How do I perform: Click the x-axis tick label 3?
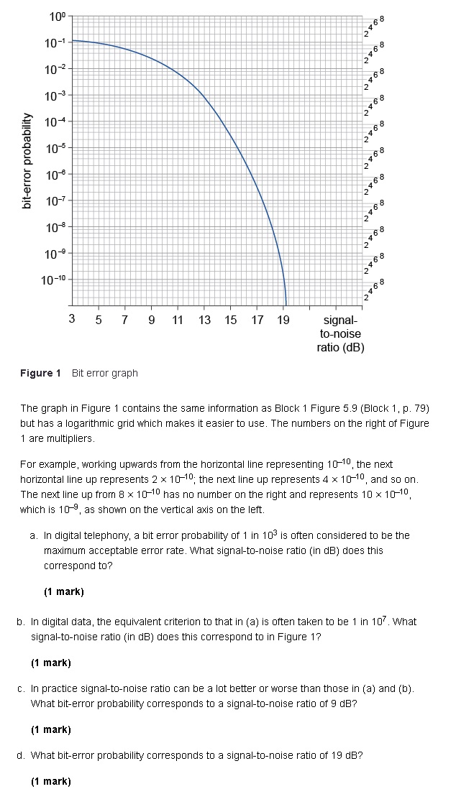72,320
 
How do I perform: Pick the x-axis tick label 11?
178,320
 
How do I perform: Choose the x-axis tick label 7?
124,320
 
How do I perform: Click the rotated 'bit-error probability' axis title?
27,162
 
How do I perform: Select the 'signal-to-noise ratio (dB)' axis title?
340,333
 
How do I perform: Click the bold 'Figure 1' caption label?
40,373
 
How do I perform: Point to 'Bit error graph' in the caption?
105,373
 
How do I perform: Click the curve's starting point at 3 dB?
73,40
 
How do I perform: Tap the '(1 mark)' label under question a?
63,591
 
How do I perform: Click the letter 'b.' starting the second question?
22,622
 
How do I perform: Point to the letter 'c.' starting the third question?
22,688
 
